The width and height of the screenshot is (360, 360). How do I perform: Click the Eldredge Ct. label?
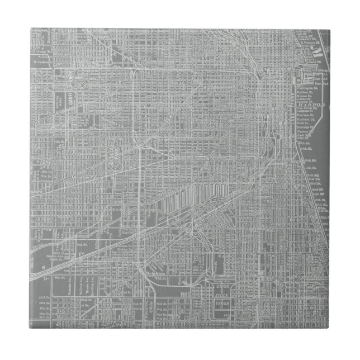point(305,127)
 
